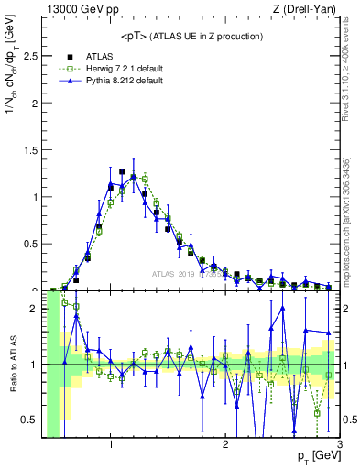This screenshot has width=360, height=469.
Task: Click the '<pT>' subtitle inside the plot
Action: pyautogui.click(x=192, y=36)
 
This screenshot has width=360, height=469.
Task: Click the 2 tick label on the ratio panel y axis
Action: pyautogui.click(x=34, y=309)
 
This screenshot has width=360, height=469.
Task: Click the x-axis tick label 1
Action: pyautogui.click(x=111, y=445)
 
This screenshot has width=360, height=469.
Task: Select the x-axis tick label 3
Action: pyautogui.click(x=339, y=445)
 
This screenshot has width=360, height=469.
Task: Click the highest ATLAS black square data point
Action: pyautogui.click(x=122, y=171)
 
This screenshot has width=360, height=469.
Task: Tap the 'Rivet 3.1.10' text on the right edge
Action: pyautogui.click(x=349, y=82)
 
